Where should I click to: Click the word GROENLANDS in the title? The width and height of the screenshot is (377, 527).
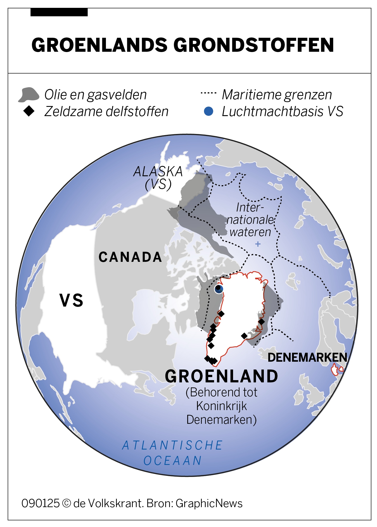(x=99, y=45)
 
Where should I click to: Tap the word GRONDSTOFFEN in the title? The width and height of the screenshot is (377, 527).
(x=253, y=45)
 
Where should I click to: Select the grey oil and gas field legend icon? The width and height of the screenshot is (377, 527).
(x=29, y=95)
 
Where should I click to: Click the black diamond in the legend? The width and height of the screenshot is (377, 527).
(x=29, y=111)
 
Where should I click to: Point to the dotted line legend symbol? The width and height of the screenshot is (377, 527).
(x=208, y=93)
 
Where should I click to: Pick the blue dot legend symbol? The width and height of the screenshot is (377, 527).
(x=208, y=111)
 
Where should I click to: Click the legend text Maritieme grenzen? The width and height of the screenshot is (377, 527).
(x=277, y=95)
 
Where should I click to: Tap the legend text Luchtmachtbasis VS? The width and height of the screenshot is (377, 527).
(x=282, y=111)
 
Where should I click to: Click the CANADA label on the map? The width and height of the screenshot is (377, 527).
(x=130, y=257)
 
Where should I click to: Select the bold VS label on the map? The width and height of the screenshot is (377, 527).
(x=72, y=300)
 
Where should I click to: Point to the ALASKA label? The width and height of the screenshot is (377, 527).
(x=158, y=171)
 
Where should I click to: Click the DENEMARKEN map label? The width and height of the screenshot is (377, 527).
(x=307, y=357)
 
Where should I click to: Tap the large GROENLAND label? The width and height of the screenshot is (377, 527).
(x=221, y=376)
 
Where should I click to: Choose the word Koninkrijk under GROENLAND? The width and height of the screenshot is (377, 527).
(x=221, y=406)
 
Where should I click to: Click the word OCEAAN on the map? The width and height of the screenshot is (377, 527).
(x=172, y=461)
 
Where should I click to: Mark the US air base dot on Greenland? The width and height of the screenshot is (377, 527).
(x=219, y=289)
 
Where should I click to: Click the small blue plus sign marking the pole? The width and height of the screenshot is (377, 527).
(x=258, y=244)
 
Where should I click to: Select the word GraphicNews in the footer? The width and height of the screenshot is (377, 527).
(x=209, y=503)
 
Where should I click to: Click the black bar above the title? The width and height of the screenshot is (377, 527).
(x=59, y=12)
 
